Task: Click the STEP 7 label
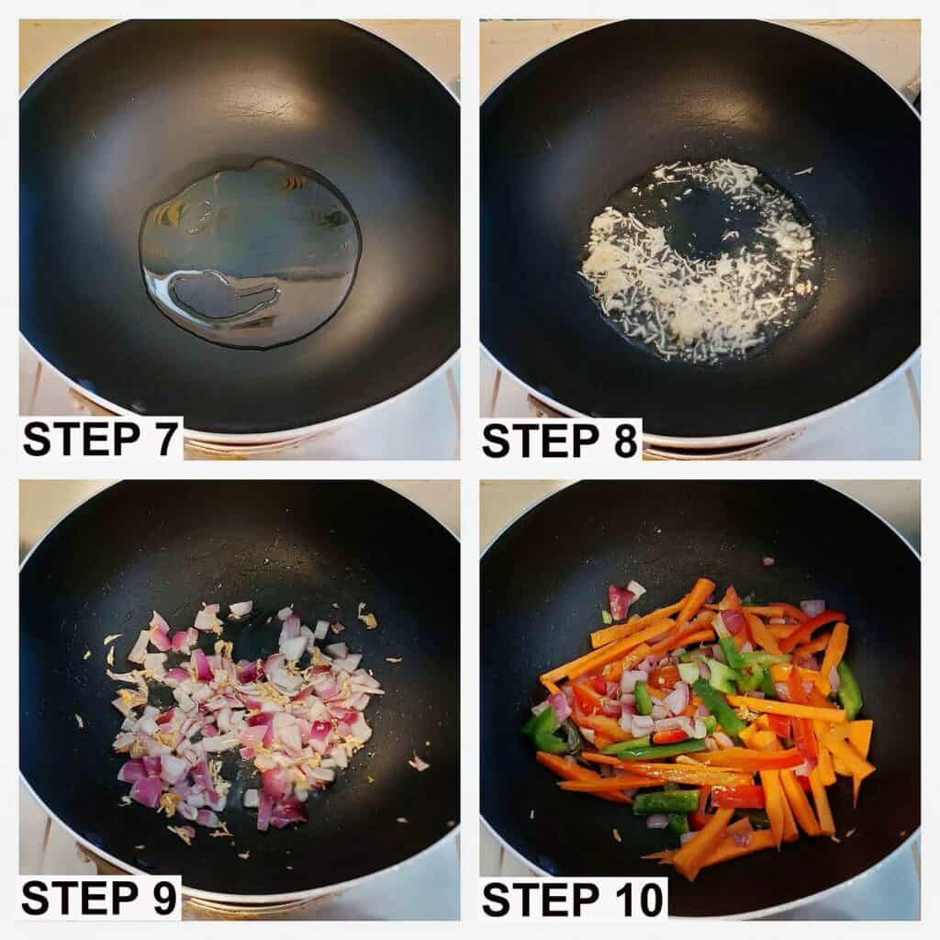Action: click(99, 440)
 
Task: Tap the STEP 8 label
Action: click(559, 442)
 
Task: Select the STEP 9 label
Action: click(99, 898)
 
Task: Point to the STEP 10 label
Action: click(574, 900)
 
